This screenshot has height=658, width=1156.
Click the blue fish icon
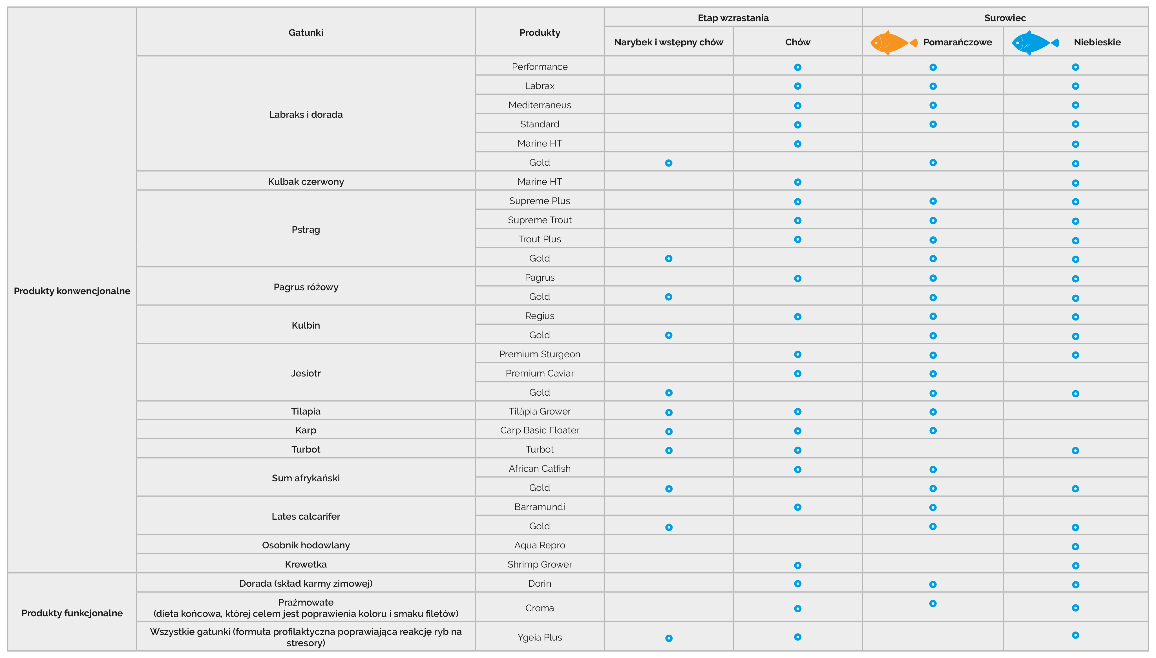[1035, 43]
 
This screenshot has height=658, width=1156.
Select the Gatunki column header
[306, 32]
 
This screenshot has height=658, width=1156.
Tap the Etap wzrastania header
[733, 18]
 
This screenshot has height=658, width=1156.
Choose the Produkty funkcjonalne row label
[72, 613]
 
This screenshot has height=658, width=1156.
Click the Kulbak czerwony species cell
[306, 182]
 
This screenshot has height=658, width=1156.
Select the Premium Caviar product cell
[540, 373]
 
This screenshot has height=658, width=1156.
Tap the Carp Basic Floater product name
[540, 430]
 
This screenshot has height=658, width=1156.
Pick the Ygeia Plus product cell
[540, 637]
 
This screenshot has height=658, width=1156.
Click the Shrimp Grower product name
[540, 564]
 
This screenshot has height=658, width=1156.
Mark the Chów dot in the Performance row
[798, 67]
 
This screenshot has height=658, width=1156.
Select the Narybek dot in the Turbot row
[669, 451]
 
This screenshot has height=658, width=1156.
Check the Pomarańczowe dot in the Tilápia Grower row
[933, 412]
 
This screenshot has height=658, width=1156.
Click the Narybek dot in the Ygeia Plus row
[669, 638]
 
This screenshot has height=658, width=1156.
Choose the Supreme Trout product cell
[540, 220]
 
